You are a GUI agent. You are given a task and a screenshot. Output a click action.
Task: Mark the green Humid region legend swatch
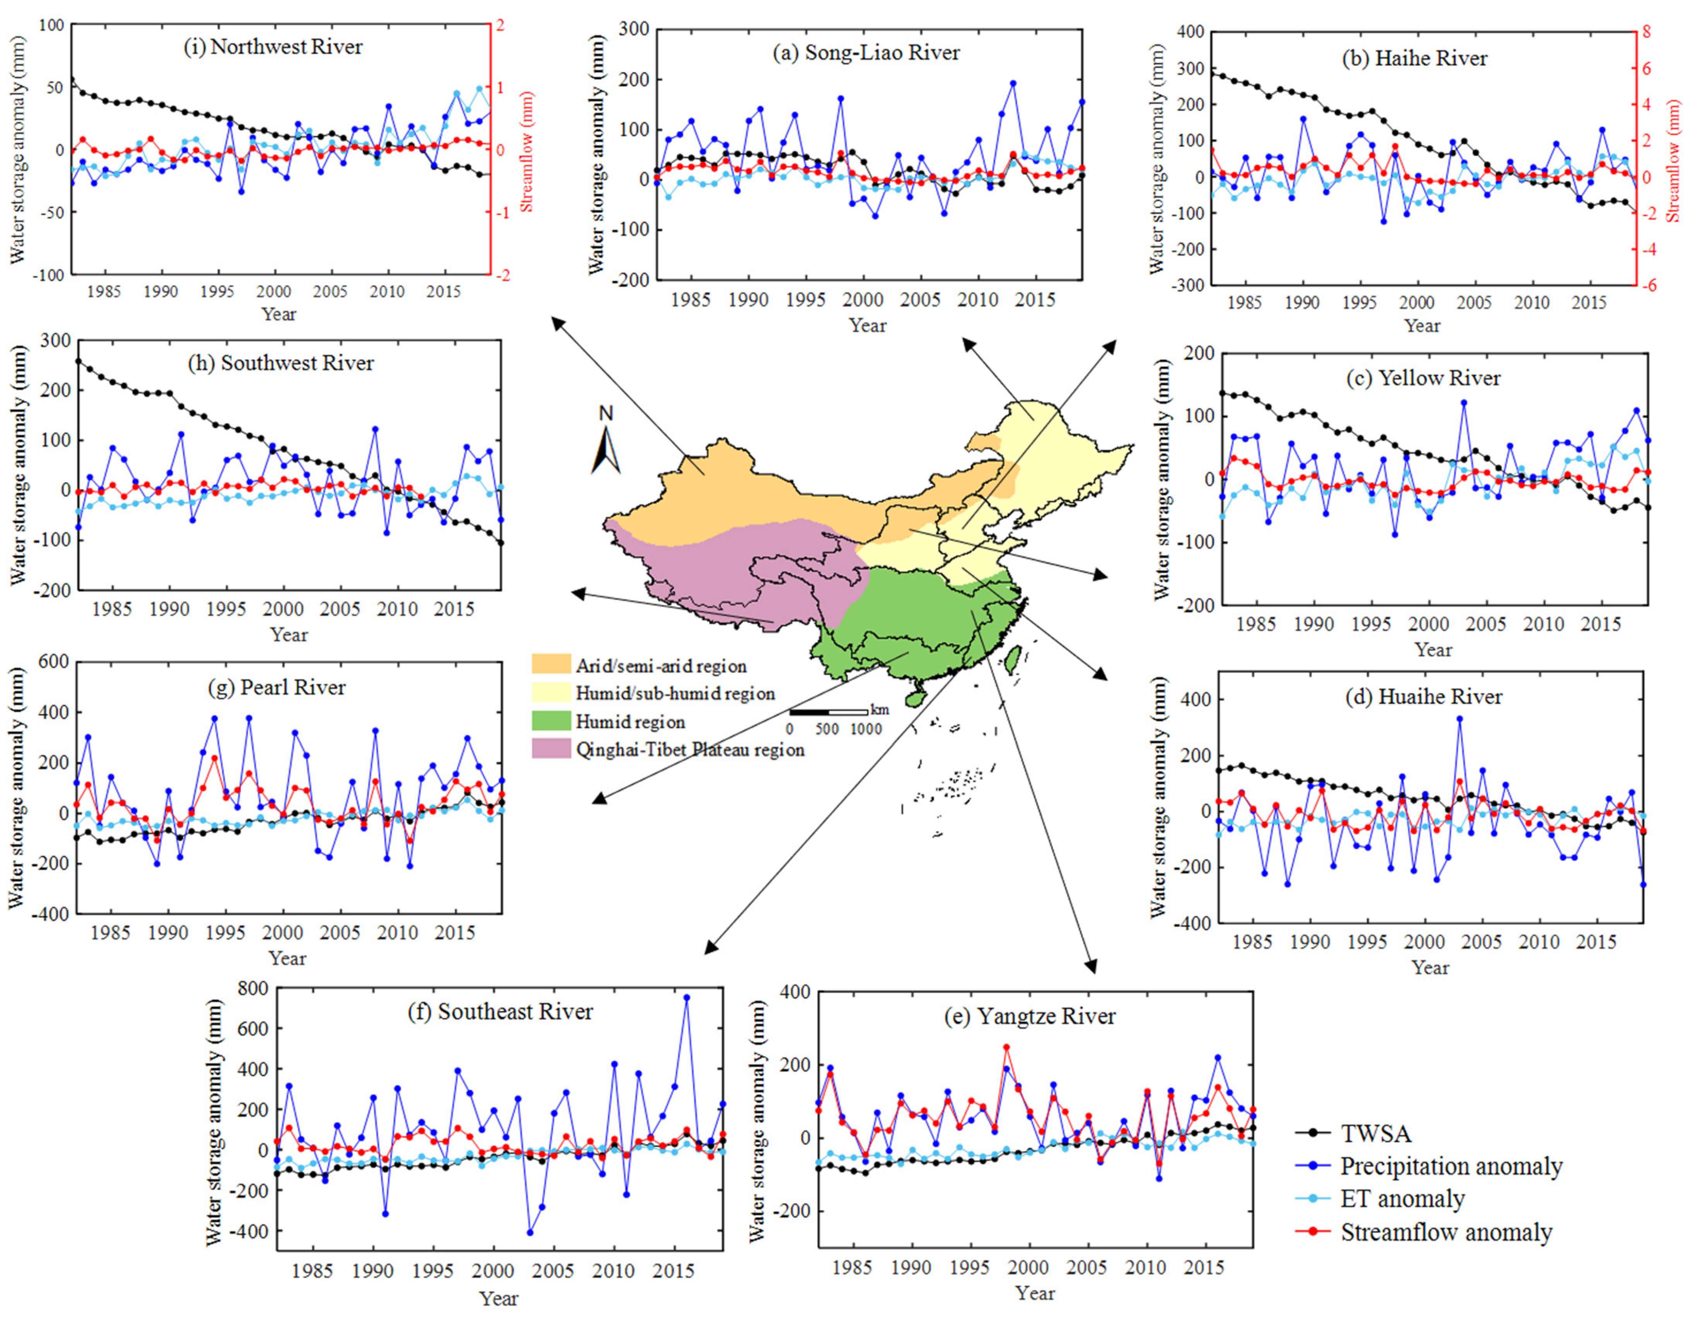pos(550,721)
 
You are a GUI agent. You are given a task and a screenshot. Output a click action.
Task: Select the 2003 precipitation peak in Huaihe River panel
pos(1459,718)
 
